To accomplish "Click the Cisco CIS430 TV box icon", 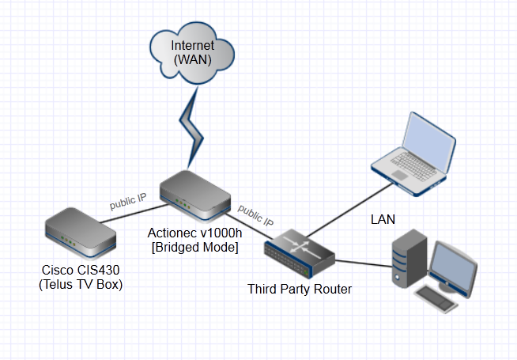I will click(81, 230).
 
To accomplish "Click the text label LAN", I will click(383, 218).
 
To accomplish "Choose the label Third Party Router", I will click(300, 290).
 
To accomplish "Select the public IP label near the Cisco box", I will click(128, 201).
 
